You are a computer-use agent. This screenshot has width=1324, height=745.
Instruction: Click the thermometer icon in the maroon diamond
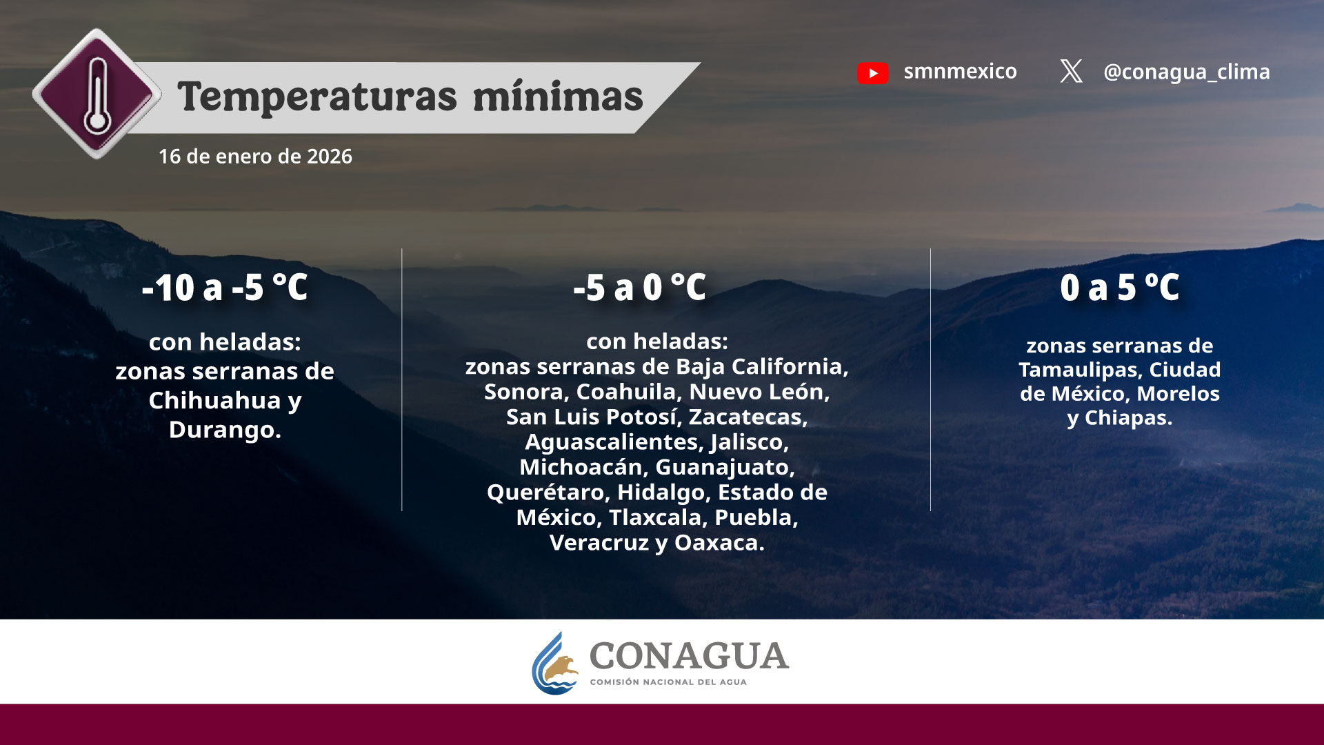(x=97, y=95)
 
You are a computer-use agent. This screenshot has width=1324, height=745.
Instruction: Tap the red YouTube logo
(x=872, y=72)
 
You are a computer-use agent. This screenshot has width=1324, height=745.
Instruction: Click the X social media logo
(x=1071, y=71)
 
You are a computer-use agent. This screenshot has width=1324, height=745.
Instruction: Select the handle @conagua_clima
(x=1186, y=72)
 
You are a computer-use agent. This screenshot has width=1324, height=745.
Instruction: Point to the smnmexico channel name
(x=960, y=71)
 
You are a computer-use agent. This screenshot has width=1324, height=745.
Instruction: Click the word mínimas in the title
(x=558, y=97)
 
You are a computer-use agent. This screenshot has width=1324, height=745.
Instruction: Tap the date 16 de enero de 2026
(x=255, y=157)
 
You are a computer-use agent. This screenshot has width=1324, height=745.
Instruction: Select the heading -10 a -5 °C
(x=225, y=288)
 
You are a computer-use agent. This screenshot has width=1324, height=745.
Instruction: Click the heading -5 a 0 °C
(x=640, y=288)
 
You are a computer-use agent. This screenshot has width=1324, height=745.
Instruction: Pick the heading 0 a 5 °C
(x=1120, y=288)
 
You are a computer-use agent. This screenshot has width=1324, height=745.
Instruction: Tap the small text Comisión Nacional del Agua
(x=668, y=682)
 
